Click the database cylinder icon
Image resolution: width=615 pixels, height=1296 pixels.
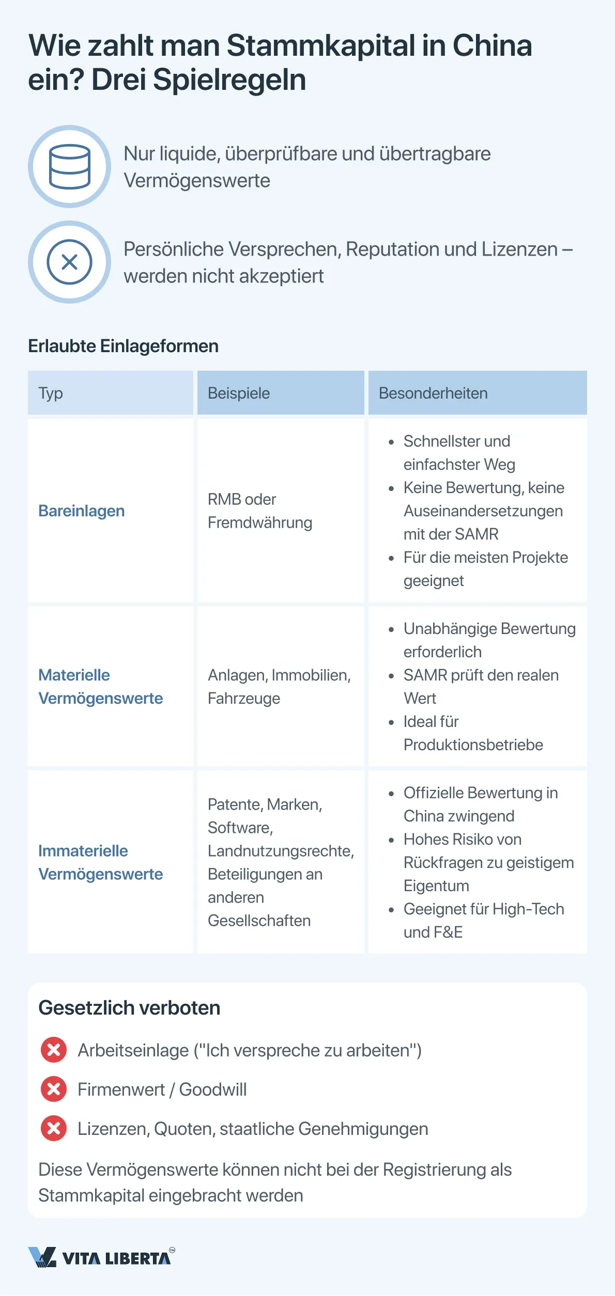(69, 167)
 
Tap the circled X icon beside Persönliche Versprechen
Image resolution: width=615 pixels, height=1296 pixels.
(69, 262)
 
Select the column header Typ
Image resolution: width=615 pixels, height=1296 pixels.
(51, 393)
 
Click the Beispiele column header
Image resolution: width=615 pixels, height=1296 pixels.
(239, 393)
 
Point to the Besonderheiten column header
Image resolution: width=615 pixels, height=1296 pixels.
(433, 393)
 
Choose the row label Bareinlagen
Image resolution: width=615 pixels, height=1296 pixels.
(82, 511)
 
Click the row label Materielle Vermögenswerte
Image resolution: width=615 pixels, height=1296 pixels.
(100, 687)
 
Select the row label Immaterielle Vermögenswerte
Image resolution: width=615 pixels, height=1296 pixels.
(100, 862)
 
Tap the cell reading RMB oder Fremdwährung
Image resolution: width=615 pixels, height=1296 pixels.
(259, 511)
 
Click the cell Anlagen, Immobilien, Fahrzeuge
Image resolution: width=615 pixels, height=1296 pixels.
(279, 687)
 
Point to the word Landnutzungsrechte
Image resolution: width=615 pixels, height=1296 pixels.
(281, 851)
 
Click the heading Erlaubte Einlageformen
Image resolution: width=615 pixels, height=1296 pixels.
(123, 346)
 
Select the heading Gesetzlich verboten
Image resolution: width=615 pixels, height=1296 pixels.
(129, 1007)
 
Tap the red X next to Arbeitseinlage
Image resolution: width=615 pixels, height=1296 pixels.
(54, 1050)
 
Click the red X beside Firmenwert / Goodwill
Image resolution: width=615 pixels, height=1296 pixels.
(54, 1089)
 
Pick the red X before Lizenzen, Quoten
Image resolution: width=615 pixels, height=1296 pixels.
(54, 1128)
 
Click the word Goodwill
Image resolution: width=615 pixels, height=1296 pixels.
(213, 1089)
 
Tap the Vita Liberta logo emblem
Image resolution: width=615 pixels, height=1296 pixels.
(42, 1257)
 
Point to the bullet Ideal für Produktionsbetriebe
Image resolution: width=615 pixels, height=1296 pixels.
(473, 733)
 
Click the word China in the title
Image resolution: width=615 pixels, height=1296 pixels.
(492, 45)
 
